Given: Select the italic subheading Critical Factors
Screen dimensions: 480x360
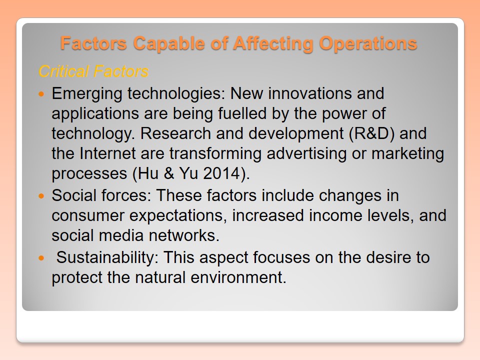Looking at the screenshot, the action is tap(93, 71).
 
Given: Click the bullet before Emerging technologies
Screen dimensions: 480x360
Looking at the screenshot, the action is tap(41, 93).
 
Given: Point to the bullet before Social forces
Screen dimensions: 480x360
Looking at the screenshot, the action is tap(41, 195).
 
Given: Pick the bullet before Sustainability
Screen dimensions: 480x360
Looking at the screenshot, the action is tap(41, 258).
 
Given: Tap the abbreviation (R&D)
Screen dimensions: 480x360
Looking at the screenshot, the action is tap(371, 133).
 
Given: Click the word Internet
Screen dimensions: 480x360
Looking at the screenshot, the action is tap(107, 153).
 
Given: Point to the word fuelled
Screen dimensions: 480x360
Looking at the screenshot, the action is tap(242, 113).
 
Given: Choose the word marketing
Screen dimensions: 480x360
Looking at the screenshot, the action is tap(408, 154).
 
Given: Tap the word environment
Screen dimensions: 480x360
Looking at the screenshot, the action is tap(238, 277).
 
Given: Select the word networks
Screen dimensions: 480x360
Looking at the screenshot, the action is tap(184, 235).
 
